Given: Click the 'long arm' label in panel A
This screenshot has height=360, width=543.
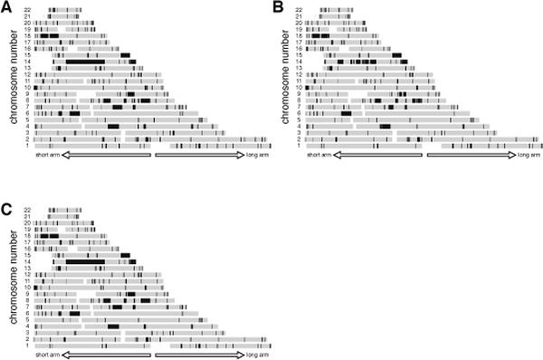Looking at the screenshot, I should coord(256,156).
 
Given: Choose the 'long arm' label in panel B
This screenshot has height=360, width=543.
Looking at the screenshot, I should coord(529,156).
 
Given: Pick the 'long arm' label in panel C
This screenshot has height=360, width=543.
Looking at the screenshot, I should coord(256,355).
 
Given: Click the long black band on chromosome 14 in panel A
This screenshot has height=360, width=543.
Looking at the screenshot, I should coord(85,61).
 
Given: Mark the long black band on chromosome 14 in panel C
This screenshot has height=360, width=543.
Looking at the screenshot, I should coord(85,261).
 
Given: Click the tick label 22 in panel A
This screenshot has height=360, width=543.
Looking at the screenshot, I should coord(29,11).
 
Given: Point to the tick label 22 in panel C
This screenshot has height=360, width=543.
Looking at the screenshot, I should coord(29,211).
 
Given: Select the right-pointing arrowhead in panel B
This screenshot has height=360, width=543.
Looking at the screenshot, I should coord(510,156).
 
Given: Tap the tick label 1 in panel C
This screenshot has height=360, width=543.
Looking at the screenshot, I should coord(31,345).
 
